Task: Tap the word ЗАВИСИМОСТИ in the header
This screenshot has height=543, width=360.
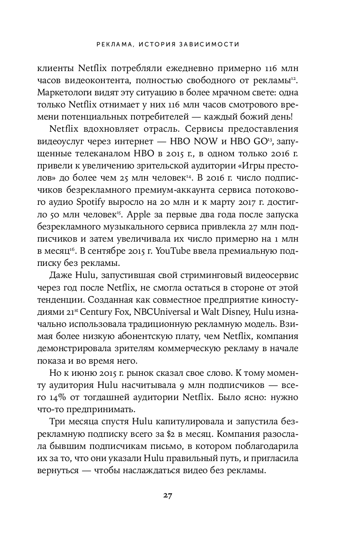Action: click(211, 43)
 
